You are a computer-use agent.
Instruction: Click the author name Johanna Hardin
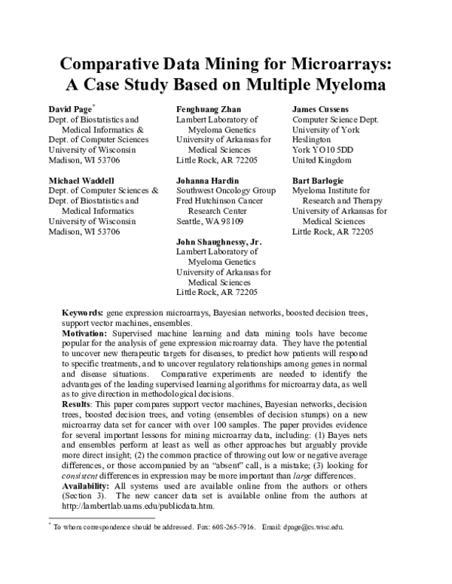click(209, 181)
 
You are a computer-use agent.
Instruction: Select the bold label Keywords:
click(82, 312)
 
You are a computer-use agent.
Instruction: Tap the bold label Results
click(76, 405)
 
